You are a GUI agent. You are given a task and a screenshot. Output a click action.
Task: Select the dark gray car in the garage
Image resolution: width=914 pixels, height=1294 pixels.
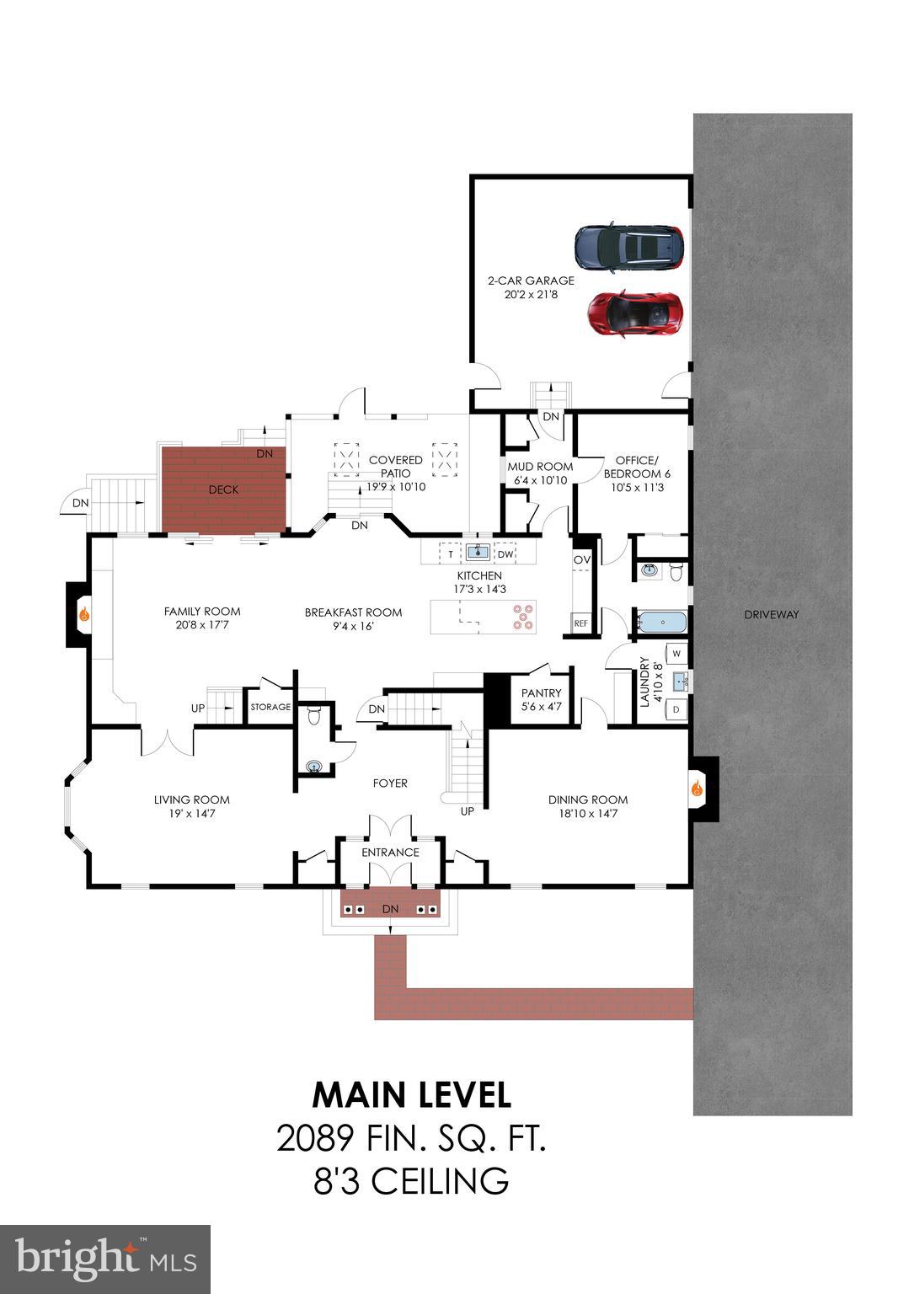point(628,248)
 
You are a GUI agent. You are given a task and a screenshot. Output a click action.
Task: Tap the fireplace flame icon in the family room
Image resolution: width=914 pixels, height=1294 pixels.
point(84,615)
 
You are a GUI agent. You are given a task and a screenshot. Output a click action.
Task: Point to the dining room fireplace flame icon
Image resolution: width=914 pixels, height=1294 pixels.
point(698,789)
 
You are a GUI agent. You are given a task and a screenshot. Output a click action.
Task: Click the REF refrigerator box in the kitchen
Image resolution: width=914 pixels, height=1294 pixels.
point(580,623)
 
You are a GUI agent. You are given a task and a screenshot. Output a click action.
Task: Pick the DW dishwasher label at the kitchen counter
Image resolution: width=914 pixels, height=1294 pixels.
point(505,554)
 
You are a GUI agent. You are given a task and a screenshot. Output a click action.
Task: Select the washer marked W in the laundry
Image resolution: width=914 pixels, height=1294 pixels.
point(676,654)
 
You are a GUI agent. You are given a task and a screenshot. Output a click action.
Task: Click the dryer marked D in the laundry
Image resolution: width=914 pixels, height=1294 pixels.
point(676,710)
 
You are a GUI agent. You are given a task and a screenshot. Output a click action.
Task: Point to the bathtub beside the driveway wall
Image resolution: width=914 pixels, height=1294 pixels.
point(662,623)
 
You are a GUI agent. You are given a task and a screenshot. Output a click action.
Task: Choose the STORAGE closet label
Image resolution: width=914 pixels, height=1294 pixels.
point(270,707)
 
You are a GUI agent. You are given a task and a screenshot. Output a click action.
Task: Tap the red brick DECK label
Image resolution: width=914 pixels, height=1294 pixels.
point(223,489)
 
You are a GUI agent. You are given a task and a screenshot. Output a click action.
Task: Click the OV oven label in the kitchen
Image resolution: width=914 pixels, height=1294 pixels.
point(581,560)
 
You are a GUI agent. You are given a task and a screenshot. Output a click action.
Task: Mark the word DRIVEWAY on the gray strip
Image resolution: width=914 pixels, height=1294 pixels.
point(771,614)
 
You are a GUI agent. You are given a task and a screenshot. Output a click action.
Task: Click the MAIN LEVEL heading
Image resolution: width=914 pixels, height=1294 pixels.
point(411,1094)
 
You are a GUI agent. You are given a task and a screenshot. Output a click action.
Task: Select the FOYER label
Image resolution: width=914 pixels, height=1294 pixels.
point(390,783)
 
